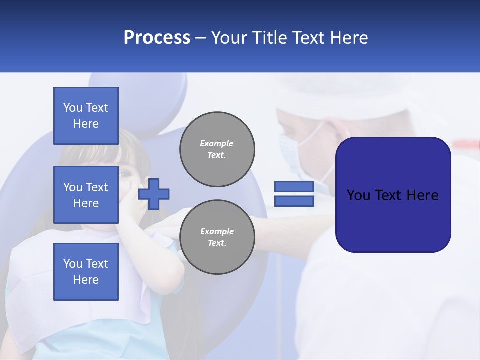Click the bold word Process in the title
point(157,38)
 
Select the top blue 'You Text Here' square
point(86,116)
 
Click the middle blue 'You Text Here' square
point(86,195)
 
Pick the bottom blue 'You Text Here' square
point(86,271)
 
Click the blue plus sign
point(154,194)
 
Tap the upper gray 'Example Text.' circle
point(217,149)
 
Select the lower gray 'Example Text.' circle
point(217,237)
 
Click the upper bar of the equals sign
point(294,187)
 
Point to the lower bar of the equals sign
point(294,201)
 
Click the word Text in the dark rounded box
point(392,195)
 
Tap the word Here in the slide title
point(349,38)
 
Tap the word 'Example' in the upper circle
point(217,143)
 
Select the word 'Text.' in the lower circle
point(217,243)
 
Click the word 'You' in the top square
point(72,108)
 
